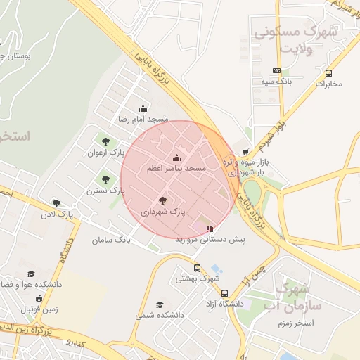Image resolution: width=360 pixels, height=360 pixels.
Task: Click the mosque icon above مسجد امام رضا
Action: (143, 108)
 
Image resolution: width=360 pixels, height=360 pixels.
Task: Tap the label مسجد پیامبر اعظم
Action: (176, 169)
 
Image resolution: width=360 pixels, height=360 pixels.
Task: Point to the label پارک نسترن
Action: (105, 191)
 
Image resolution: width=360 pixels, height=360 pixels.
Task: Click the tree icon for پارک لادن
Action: (56, 203)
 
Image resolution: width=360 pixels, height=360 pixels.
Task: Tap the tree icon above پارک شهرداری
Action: (163, 200)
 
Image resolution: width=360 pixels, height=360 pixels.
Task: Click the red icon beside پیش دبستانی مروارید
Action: (209, 229)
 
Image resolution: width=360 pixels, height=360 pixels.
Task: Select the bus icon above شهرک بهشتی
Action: (197, 268)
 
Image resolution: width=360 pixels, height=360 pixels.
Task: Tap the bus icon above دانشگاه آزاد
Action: (224, 293)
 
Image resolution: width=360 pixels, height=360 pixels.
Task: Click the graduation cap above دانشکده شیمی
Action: (160, 305)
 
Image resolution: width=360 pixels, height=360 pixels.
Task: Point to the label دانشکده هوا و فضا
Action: (32, 284)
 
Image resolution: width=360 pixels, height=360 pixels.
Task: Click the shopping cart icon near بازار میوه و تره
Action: (245, 152)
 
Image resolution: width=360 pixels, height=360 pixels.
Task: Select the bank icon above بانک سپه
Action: (276, 70)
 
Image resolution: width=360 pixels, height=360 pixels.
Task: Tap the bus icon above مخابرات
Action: (328, 73)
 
